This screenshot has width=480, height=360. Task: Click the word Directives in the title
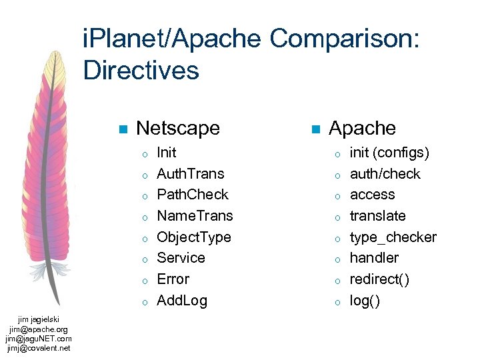click(x=141, y=70)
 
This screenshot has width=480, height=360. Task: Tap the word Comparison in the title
click(x=344, y=40)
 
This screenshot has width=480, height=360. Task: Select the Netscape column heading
click(x=177, y=128)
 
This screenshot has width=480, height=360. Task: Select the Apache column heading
click(x=362, y=128)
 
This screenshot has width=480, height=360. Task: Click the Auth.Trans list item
click(x=190, y=173)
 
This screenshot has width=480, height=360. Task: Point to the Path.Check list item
click(x=192, y=195)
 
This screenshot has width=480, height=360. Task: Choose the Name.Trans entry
click(x=195, y=216)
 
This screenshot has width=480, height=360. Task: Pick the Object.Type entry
click(x=193, y=237)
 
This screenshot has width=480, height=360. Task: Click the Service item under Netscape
click(x=181, y=258)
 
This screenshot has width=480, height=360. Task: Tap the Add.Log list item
click(x=181, y=301)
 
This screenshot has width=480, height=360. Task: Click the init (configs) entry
click(x=389, y=153)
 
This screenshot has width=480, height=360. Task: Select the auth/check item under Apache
click(x=385, y=173)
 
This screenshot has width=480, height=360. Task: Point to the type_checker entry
click(x=393, y=237)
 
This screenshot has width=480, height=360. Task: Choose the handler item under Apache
click(x=374, y=258)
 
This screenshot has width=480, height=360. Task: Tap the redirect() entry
click(x=379, y=279)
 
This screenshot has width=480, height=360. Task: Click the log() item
click(x=365, y=301)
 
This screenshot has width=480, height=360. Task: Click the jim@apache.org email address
click(x=39, y=329)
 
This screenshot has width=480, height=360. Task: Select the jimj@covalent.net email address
click(x=39, y=347)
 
